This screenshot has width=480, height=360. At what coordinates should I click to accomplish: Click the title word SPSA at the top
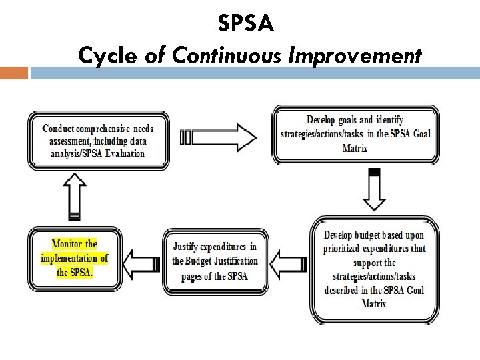point(245,25)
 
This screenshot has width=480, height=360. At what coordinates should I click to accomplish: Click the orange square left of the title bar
point(14,72)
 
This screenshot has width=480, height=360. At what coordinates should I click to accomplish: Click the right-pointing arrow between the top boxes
point(219,137)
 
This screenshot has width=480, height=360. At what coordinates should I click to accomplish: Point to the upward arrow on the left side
point(75,195)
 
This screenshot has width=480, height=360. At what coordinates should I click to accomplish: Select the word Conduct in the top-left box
point(58,128)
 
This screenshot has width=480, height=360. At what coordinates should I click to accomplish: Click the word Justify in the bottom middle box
point(189,247)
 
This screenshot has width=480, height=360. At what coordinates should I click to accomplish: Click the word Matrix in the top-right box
point(355,147)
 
